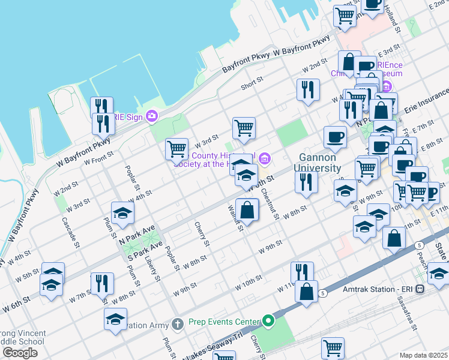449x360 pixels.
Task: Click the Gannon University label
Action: point(318,163)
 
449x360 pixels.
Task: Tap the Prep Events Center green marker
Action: point(268,322)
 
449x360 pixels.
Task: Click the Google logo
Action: point(20,352)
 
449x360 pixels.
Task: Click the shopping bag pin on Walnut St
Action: point(247,211)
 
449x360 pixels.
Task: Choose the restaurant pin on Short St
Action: point(308,91)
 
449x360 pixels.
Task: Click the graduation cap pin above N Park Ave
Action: point(122,214)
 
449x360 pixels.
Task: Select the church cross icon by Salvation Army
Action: point(177,325)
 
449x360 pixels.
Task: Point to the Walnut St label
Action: point(234,217)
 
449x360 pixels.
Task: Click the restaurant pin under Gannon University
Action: point(306,182)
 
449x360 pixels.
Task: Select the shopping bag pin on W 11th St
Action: point(306,292)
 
